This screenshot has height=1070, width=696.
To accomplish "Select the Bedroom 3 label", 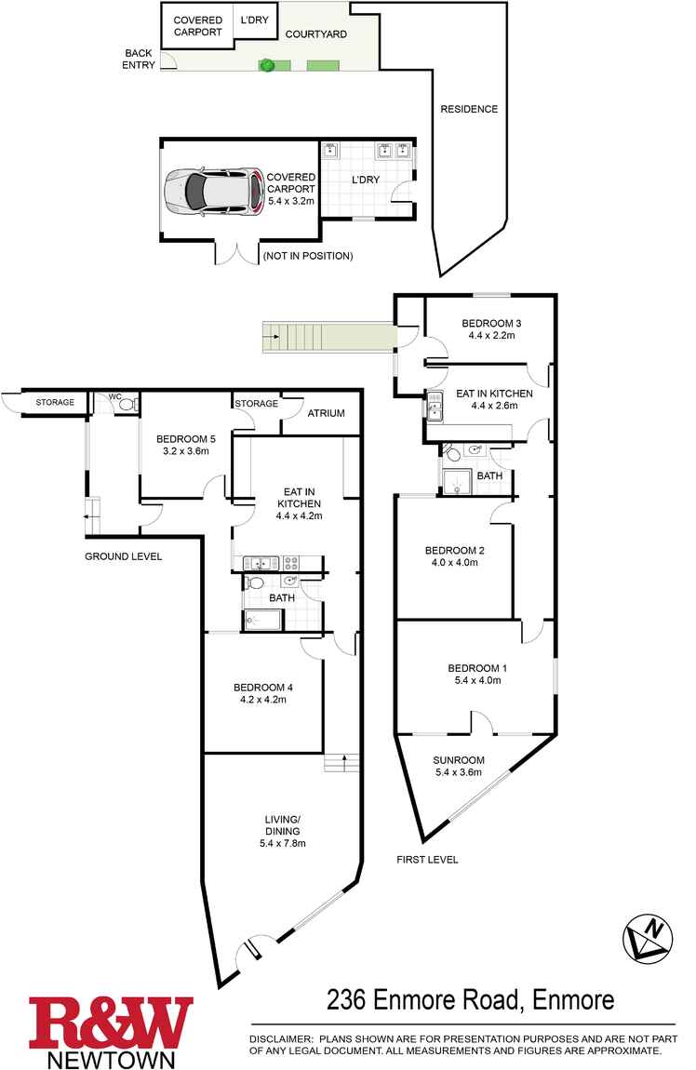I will [491, 324].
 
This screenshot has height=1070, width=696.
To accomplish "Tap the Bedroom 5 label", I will [182, 439].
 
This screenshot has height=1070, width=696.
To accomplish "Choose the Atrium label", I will [326, 414].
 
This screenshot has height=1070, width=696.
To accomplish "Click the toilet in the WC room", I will [127, 405].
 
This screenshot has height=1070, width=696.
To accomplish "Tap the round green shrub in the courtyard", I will [267, 65].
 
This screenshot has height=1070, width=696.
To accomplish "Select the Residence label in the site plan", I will [469, 109].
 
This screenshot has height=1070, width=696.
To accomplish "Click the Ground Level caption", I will [123, 556].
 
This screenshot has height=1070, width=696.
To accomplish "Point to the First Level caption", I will [427, 860].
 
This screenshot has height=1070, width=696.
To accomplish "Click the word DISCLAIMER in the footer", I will [281, 1037].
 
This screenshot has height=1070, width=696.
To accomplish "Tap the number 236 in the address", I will [348, 1000].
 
